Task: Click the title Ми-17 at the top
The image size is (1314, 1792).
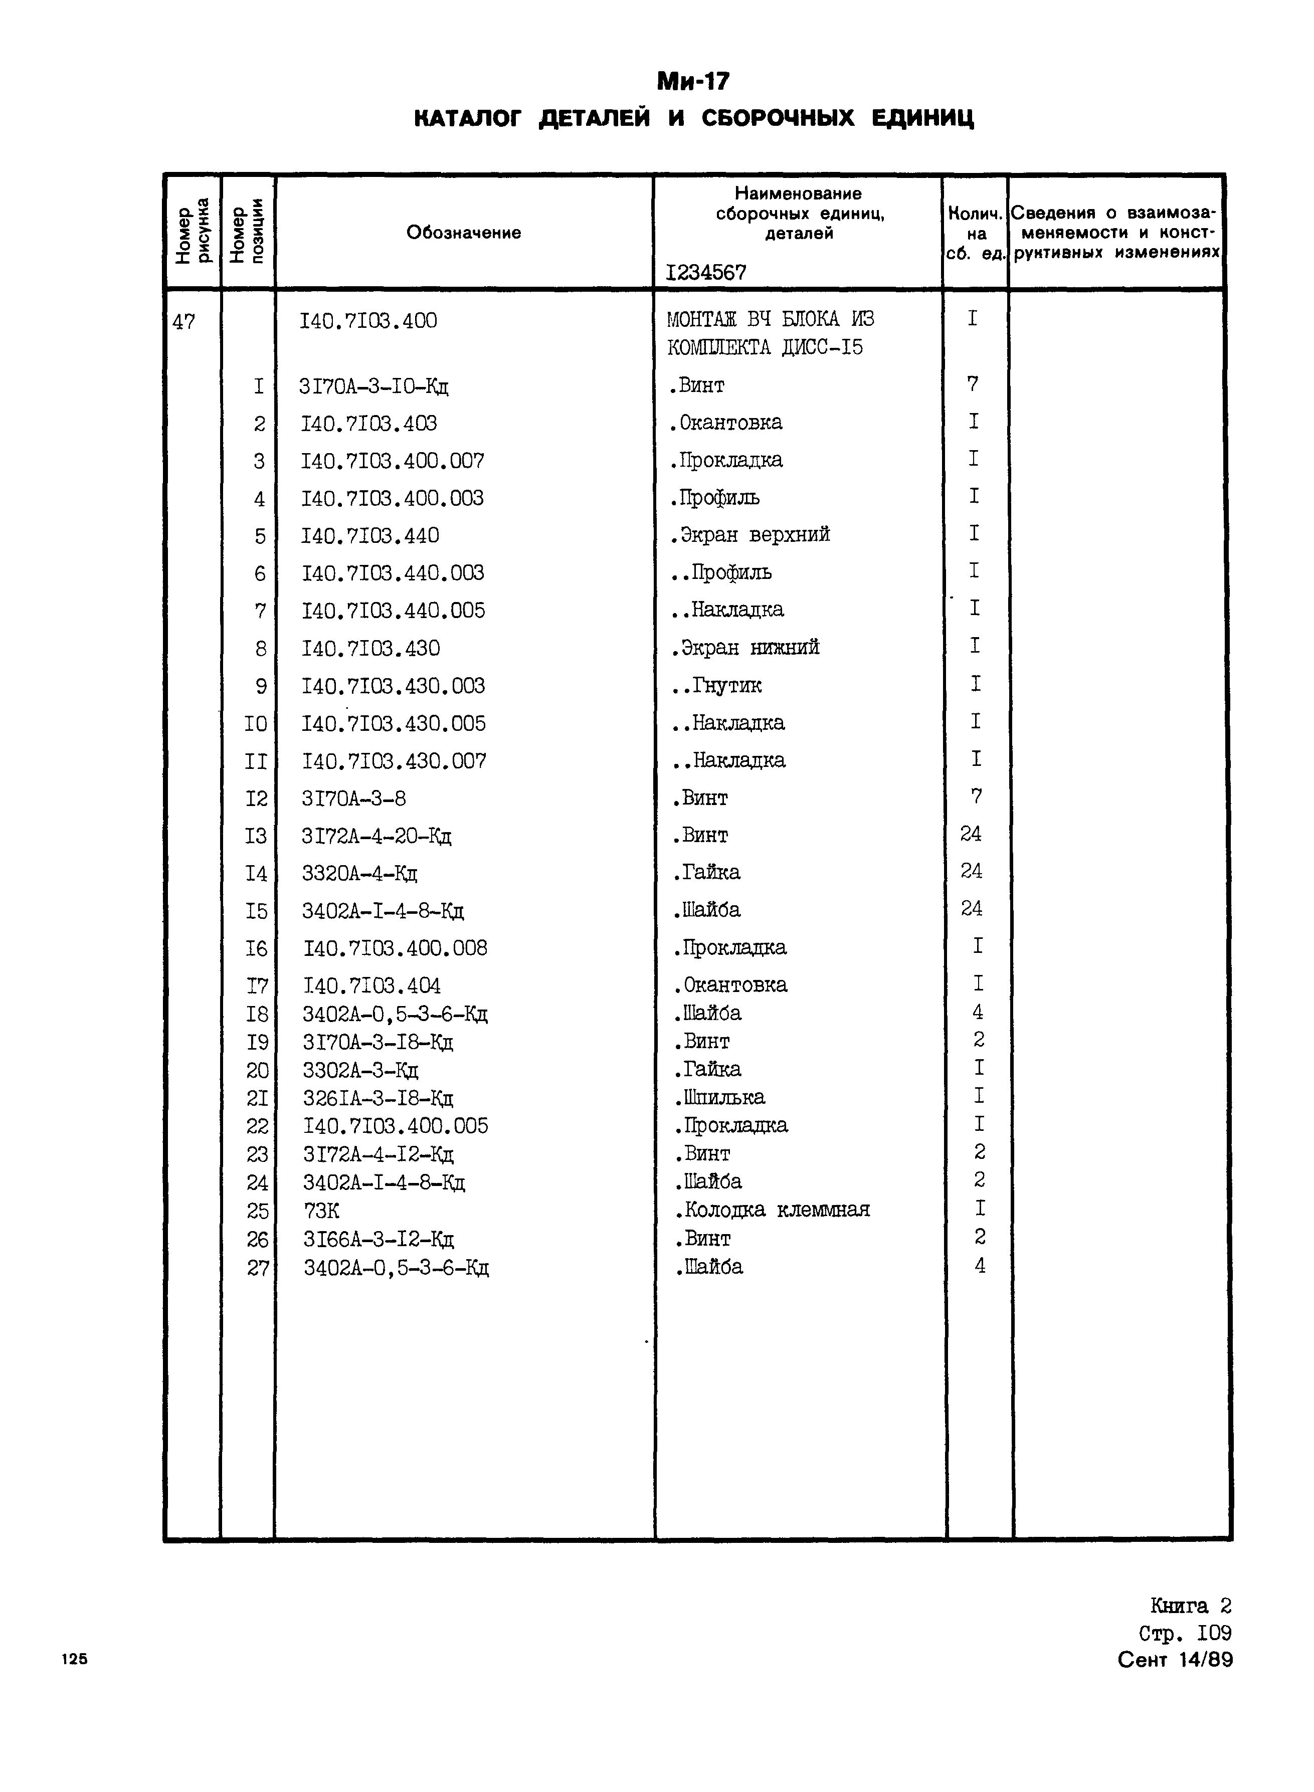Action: tap(693, 82)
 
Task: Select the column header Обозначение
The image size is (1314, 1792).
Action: tap(464, 232)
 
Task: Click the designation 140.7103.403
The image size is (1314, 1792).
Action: tap(369, 423)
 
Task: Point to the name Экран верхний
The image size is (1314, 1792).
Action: tap(750, 534)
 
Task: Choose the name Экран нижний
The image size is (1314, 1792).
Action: tap(745, 648)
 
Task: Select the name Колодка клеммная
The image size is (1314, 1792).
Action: tap(773, 1210)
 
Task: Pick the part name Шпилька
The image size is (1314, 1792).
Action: tap(720, 1098)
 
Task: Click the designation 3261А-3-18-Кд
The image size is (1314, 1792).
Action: tap(378, 1098)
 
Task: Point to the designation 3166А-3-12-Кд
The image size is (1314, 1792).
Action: tap(379, 1239)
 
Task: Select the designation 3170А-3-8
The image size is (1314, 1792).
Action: tap(354, 798)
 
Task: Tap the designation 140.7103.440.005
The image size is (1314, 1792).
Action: tap(393, 611)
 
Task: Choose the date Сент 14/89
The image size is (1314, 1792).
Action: tap(1174, 1660)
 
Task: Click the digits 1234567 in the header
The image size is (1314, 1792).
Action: tap(706, 273)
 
